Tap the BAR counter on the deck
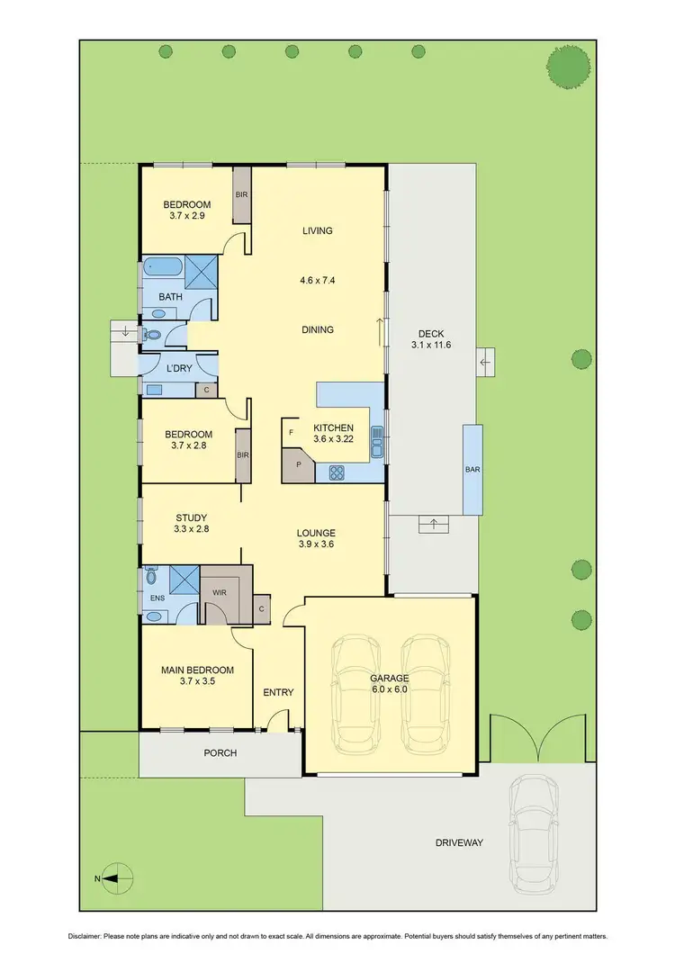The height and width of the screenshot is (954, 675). pos(472,470)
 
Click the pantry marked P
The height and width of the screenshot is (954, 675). pos(296,468)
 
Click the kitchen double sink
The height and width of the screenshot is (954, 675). pos(378,441)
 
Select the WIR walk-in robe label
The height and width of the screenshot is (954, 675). pos(218,593)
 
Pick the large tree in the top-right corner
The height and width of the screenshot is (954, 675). pos(570,67)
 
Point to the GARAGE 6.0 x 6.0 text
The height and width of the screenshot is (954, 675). pos(390,684)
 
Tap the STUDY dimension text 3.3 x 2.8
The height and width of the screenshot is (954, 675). pos(191,529)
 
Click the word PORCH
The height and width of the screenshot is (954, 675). pos(220,753)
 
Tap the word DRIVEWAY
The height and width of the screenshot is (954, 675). pos(459,843)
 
